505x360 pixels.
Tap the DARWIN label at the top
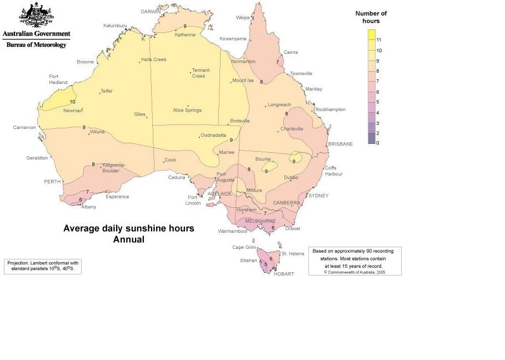[151, 11]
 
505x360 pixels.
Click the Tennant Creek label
[199, 73]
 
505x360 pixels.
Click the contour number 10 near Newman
[72, 102]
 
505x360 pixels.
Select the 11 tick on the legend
[379, 40]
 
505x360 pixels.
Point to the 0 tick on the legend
[378, 143]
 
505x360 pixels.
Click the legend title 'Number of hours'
[371, 17]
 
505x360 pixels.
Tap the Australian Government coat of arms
[36, 16]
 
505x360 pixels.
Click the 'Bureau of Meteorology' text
[36, 44]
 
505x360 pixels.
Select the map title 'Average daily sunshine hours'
[128, 228]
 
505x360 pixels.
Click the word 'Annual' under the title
[128, 239]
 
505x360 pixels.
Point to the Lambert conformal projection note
[43, 266]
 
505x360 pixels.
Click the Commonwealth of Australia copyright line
[354, 272]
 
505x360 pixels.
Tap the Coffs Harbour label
[333, 171]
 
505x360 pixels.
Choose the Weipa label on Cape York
[243, 17]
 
